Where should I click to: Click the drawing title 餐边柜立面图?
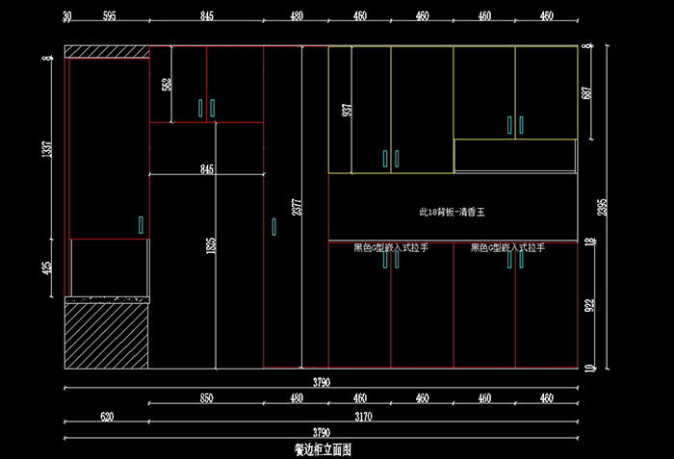point(323,449)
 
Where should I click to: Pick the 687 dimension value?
point(586,93)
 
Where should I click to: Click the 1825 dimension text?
point(211,248)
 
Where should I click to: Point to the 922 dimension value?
point(587,306)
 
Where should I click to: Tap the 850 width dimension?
point(206,397)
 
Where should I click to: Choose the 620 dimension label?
point(106,418)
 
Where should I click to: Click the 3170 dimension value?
point(364,418)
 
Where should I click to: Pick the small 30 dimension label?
point(67,16)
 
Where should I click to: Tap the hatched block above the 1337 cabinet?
point(106,51)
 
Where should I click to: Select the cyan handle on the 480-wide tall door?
point(273,227)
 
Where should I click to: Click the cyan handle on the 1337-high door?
point(141,225)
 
